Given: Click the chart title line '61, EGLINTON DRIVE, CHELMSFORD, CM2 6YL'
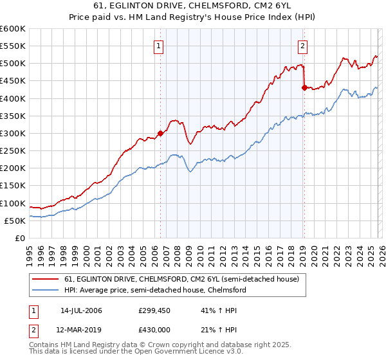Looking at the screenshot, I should (x=193, y=6).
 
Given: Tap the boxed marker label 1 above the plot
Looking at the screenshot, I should (x=158, y=46).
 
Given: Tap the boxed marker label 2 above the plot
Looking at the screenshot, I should (x=302, y=46).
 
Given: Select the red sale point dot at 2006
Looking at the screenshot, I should (x=160, y=134).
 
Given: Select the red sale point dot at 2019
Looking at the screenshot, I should (x=304, y=88).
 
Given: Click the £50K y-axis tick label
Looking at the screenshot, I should (x=15, y=221).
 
